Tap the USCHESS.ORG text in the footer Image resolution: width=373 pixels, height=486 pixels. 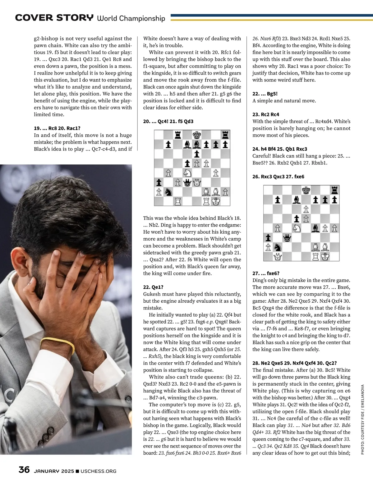98,471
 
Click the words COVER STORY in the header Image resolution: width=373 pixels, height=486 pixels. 54,18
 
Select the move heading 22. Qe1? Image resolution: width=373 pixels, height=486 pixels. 153,287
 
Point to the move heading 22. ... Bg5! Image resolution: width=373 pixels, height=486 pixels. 265,94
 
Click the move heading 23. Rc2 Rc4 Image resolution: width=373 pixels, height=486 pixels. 266,114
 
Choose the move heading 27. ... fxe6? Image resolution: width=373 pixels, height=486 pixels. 266,273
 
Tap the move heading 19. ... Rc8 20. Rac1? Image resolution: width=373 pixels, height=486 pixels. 57,128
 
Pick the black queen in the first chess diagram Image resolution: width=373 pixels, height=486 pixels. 187,182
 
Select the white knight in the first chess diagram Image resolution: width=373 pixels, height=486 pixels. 187,173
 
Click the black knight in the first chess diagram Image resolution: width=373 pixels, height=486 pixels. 168,192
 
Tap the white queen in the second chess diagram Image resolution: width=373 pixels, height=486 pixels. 278,257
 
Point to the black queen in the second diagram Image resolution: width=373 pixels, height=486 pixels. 287,238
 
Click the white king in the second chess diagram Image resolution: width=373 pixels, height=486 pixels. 325,257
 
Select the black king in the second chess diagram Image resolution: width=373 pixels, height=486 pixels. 306,190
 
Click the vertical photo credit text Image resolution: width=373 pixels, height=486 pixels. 362,420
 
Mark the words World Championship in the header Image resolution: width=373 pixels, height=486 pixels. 131,18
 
